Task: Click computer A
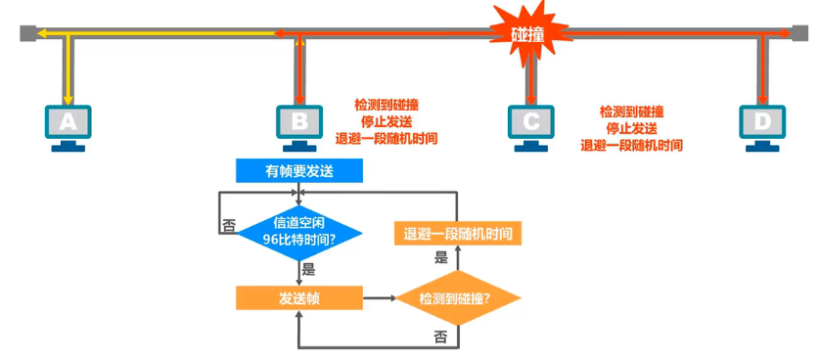click(x=68, y=125)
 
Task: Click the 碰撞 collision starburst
click(x=527, y=33)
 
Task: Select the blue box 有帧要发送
click(x=299, y=171)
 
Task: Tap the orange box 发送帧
click(x=299, y=297)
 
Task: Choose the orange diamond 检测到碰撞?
click(x=455, y=297)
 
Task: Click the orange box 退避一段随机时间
click(x=456, y=234)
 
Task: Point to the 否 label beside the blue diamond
click(x=229, y=225)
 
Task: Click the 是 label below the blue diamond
click(x=309, y=269)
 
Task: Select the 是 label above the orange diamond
click(x=441, y=258)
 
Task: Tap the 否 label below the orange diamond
click(x=440, y=336)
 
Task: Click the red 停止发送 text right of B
click(x=386, y=120)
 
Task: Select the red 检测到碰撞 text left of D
click(x=631, y=112)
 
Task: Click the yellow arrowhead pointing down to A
click(x=68, y=99)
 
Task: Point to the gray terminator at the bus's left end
click(x=25, y=34)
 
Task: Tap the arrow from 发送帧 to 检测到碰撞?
click(x=379, y=297)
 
